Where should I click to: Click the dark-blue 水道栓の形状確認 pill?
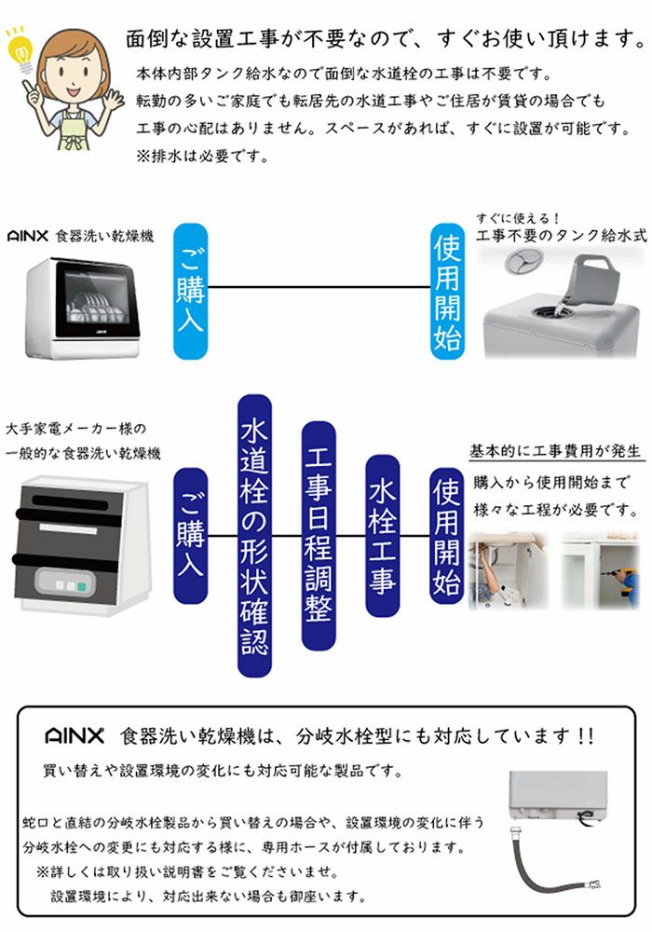tap(254, 536)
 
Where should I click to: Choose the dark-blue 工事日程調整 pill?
tap(319, 536)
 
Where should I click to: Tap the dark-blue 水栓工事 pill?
tap(382, 536)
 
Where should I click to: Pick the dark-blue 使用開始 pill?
tap(447, 536)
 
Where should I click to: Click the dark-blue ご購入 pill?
tap(191, 536)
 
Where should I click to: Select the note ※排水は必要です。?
tap(204, 156)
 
